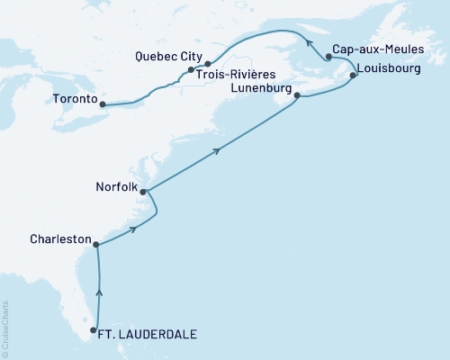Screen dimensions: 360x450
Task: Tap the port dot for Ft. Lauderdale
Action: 93,330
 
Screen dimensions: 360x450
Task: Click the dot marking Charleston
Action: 95,244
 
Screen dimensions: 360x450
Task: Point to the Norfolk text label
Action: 116,189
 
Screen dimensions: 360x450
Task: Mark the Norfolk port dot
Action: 143,192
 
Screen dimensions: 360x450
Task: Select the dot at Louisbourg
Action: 353,76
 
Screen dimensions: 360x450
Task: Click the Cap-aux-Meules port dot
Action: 328,57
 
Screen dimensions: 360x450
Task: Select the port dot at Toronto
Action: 103,104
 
